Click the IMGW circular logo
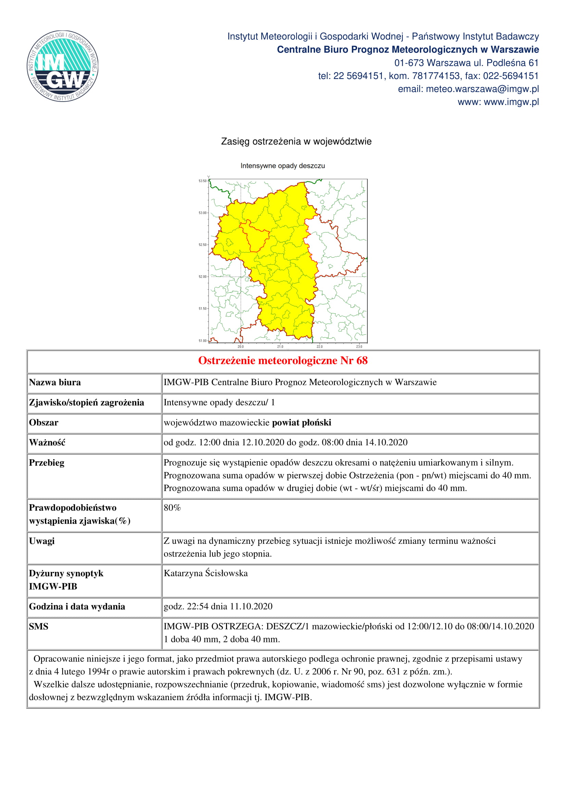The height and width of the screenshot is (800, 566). click(x=63, y=66)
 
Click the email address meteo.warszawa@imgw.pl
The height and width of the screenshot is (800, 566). click(x=482, y=89)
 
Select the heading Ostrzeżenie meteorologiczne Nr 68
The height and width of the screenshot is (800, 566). click(x=283, y=360)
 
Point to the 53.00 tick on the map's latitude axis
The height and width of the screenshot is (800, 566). click(x=203, y=213)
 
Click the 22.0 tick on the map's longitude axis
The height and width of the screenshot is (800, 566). click(x=319, y=346)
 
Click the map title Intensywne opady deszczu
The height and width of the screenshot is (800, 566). click(x=282, y=166)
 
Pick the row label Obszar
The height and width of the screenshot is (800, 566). click(x=43, y=423)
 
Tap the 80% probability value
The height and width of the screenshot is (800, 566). click(x=172, y=508)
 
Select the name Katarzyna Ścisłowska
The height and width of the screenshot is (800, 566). click(x=206, y=573)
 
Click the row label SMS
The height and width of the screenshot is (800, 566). click(x=38, y=627)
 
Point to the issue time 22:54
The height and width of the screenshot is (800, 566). click(x=197, y=606)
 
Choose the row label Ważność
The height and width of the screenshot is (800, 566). click(x=47, y=443)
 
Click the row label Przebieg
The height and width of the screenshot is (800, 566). click(x=47, y=463)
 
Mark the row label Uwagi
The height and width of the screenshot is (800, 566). click(x=42, y=541)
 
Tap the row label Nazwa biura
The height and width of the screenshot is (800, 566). click(x=55, y=382)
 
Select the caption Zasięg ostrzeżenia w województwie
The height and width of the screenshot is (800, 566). click(x=296, y=142)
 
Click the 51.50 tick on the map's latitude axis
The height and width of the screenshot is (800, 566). click(x=203, y=309)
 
